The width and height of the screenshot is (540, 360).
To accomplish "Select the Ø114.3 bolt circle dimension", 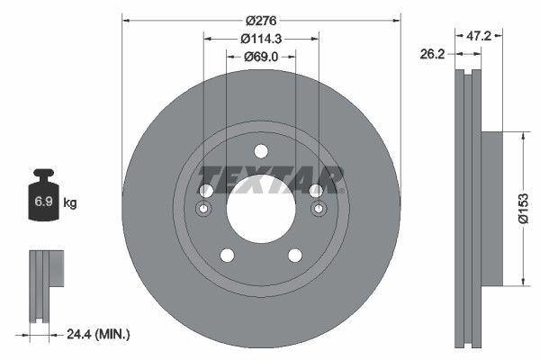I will point(261,38).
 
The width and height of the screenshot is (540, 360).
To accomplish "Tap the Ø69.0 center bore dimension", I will point(261,58).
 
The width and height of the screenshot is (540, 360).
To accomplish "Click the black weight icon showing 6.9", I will point(42,200).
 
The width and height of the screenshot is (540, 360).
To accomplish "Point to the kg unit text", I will point(70,203).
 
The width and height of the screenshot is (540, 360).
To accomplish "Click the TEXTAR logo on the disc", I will point(270,179).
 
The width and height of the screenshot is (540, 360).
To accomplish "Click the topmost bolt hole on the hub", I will point(261,151).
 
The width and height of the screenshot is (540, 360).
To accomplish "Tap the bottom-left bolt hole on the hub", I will point(227,255).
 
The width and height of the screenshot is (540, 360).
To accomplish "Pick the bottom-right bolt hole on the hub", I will point(295,255).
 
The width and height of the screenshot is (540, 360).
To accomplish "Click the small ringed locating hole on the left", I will point(203,210).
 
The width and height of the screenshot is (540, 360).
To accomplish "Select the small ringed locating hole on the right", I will point(319,210).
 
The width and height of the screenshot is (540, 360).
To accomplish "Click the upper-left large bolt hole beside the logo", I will point(205,191).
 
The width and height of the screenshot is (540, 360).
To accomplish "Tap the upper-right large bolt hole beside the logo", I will point(316,191).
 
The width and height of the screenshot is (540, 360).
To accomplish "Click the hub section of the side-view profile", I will point(491,209).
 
